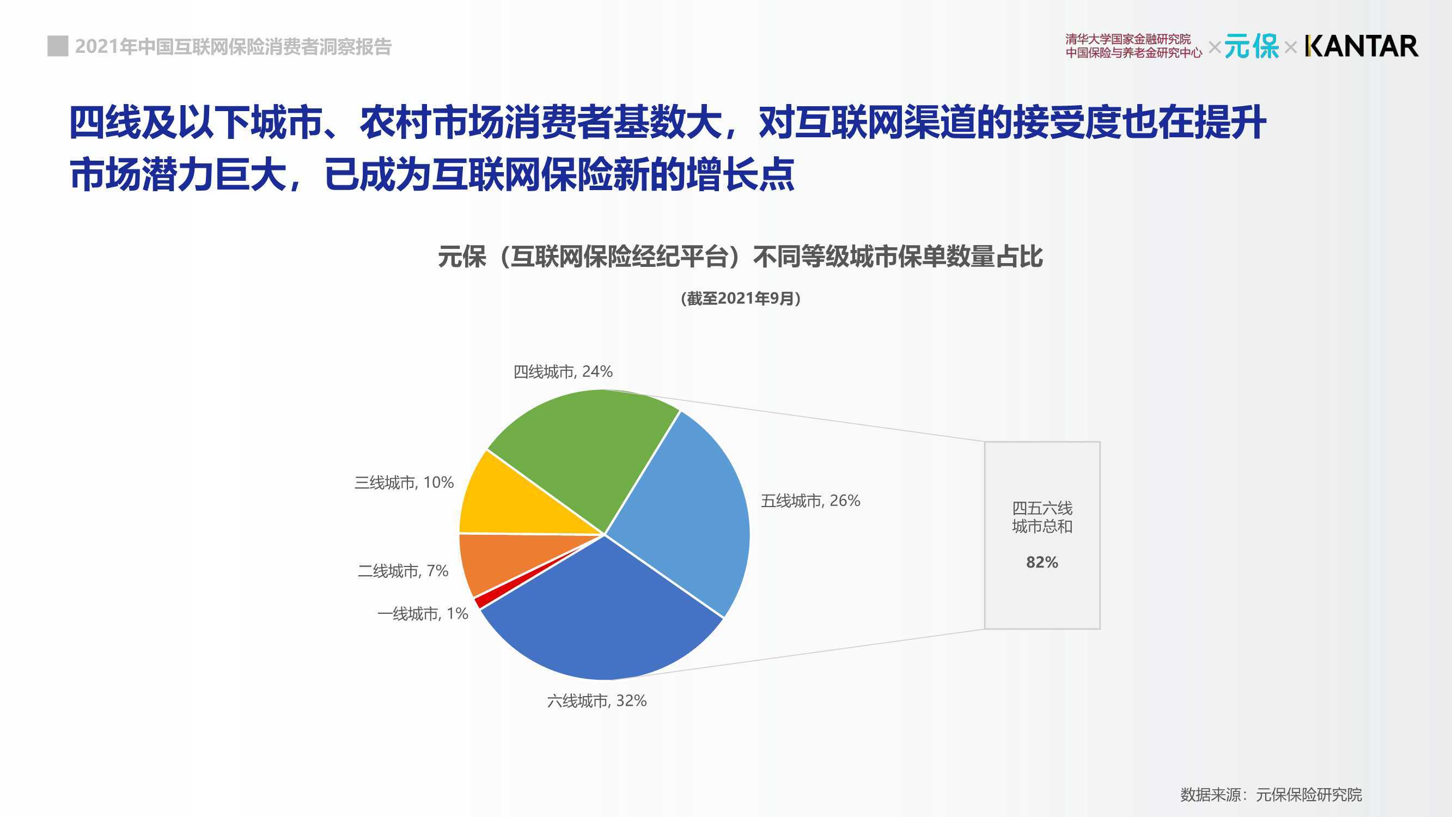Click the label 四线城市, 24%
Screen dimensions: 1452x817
(563, 371)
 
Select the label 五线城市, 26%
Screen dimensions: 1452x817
(810, 501)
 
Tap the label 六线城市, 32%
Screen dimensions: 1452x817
(597, 701)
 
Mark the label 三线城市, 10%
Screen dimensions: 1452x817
(404, 483)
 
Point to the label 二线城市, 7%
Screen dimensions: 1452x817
(403, 571)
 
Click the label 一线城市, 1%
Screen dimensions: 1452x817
(423, 613)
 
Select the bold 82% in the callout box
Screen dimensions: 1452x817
(1042, 562)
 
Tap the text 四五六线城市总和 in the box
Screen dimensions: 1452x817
(1042, 517)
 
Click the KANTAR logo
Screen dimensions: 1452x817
(1361, 46)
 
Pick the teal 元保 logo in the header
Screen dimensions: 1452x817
(1252, 46)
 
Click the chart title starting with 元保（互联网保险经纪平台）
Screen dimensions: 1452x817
(740, 257)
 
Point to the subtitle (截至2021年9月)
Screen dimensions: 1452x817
(741, 298)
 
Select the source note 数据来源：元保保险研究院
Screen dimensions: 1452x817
(1271, 795)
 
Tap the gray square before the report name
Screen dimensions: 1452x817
(58, 46)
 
